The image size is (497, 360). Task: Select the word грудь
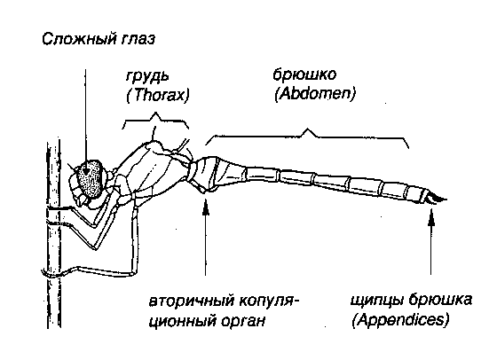(146, 77)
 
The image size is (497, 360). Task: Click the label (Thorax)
(158, 95)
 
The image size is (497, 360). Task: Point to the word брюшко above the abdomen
(304, 75)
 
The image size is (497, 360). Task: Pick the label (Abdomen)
(315, 94)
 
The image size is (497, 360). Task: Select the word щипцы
(377, 301)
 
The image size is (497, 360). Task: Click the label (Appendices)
(400, 320)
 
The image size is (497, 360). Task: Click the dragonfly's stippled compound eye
(91, 179)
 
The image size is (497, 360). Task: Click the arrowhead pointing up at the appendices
(430, 218)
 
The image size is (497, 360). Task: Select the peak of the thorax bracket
(155, 112)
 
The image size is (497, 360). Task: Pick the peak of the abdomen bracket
(307, 129)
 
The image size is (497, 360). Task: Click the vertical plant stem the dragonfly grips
(53, 234)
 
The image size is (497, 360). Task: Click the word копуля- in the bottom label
(269, 301)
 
